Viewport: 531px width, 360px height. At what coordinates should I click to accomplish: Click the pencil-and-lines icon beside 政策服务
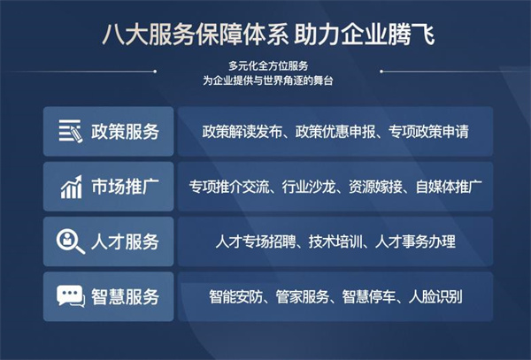(x=70, y=133)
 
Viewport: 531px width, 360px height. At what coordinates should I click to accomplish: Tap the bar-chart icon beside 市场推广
(x=70, y=188)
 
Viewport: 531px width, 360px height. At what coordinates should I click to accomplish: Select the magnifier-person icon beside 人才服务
(x=70, y=241)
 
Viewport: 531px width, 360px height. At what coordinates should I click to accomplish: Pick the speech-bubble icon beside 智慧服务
(x=70, y=295)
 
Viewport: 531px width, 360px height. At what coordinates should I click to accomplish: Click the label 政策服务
(x=125, y=133)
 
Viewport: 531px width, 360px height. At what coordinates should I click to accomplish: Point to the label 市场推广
(x=125, y=188)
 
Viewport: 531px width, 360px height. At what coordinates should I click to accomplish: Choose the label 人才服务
(x=125, y=241)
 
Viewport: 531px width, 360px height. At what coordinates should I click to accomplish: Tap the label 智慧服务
(x=125, y=295)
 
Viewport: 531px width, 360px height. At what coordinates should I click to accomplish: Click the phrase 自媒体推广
(x=448, y=188)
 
